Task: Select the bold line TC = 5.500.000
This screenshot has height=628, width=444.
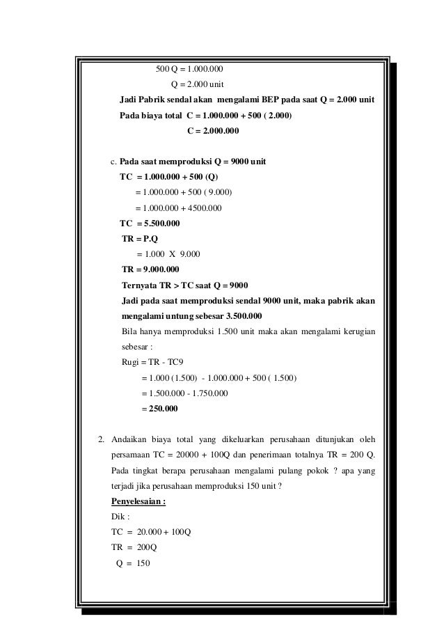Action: (150, 223)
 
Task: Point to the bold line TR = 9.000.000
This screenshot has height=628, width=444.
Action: (150, 269)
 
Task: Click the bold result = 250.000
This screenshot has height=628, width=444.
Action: (159, 409)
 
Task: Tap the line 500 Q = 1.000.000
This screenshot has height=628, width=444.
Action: (189, 69)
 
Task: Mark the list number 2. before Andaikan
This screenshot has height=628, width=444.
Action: (101, 439)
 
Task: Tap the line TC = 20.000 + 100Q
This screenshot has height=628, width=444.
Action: (151, 532)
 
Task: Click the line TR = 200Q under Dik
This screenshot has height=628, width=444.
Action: (134, 547)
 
